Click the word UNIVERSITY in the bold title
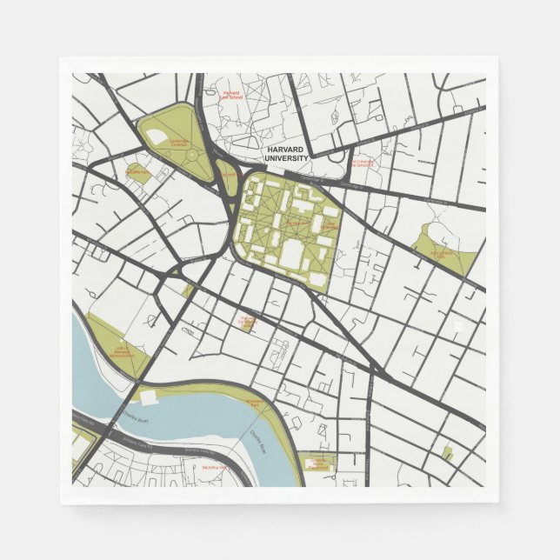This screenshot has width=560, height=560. [287, 157]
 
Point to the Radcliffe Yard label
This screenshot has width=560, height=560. [137, 171]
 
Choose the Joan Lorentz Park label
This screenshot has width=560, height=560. [443, 255]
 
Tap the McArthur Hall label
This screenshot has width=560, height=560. [213, 467]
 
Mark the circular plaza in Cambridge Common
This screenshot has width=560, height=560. [191, 155]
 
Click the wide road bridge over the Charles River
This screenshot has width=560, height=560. [113, 426]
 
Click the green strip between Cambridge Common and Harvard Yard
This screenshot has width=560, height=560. [225, 175]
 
